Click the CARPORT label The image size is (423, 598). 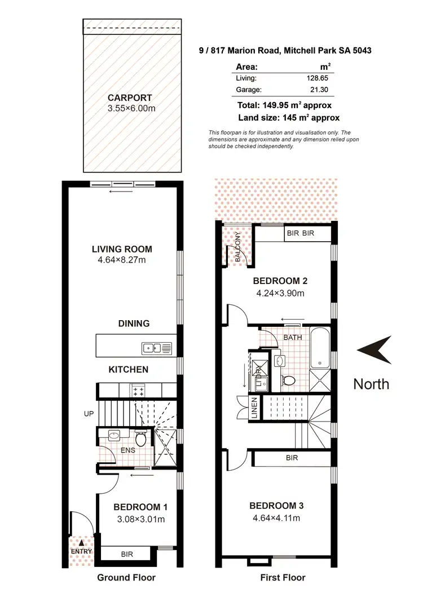[130, 98]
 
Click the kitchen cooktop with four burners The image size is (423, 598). [138, 389]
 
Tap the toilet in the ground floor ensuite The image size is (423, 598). [140, 437]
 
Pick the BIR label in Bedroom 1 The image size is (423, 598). [126, 555]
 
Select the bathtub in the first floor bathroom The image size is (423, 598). [320, 345]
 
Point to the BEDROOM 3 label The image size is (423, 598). [279, 505]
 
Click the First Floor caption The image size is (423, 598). [283, 577]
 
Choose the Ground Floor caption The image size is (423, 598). [126, 577]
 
